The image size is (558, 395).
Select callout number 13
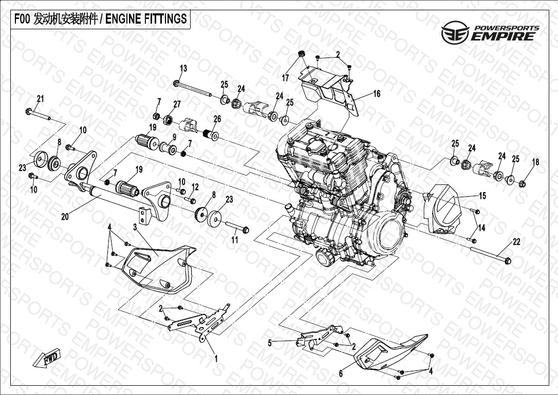coord(183,68)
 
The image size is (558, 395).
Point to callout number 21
coord(40,99)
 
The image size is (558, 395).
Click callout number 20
coord(65,216)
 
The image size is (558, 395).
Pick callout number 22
coord(516,242)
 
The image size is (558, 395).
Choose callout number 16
coord(377,93)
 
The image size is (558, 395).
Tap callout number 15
coord(482,195)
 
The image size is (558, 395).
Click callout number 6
coord(341,373)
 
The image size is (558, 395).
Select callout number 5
coord(270,343)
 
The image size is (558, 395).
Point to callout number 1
coord(216,359)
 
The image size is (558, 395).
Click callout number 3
coord(135,227)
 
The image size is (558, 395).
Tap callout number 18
coord(535,162)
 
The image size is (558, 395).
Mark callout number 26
coord(217,119)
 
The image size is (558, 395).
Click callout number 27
coord(177,104)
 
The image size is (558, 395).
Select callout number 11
coord(235,240)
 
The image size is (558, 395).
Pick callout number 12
coord(195,187)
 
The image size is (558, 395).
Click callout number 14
coord(481,228)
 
